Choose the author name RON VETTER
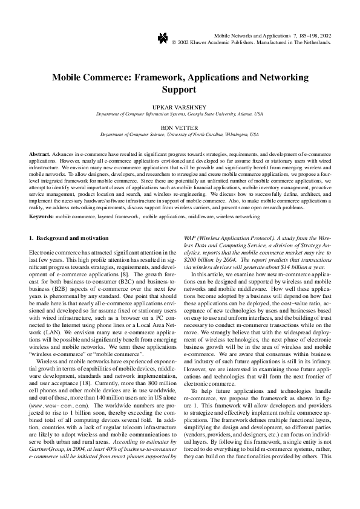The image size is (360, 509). pyautogui.click(x=180, y=127)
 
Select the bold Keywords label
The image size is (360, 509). pyautogui.click(x=41, y=216)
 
